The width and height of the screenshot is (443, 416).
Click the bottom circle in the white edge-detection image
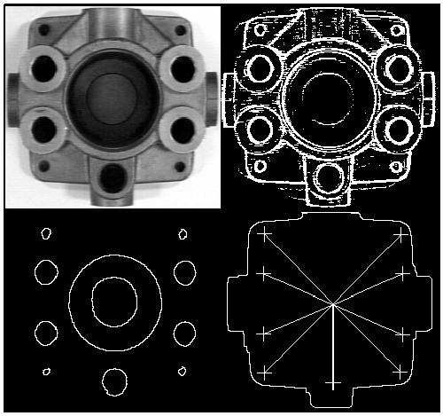331,177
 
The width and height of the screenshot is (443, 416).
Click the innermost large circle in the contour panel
113,303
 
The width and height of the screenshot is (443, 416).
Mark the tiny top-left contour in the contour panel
43,235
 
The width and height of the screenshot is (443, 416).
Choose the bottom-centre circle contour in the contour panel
113,381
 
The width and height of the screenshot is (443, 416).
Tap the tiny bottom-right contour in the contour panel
183,370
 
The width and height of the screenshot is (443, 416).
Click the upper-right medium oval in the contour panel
184,271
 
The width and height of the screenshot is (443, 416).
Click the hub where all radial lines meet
333,305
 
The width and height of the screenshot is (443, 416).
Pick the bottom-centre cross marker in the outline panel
332,382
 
